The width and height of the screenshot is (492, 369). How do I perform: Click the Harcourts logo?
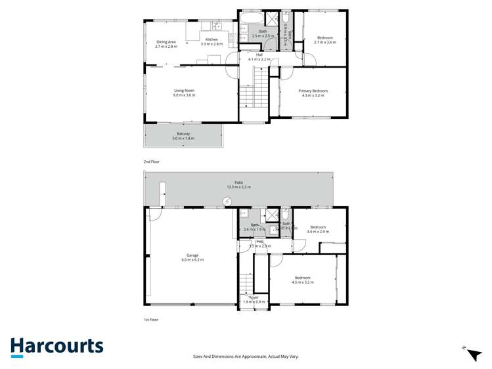pos(56,346)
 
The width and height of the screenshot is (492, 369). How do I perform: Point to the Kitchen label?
pos(212,40)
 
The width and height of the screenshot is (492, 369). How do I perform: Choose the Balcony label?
pos(183,134)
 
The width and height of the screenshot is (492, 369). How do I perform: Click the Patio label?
pos(239,183)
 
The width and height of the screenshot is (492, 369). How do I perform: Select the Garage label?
pos(192,255)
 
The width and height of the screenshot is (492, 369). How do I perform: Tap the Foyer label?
pos(254,297)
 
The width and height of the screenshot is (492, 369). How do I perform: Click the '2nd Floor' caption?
pos(152,161)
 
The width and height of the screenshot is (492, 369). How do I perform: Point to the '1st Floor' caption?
pos(151,320)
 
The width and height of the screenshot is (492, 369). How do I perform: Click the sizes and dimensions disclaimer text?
pos(246,356)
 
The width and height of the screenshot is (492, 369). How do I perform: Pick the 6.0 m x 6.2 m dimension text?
pos(192,260)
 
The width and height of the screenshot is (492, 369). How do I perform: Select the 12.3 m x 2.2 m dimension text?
pos(239,188)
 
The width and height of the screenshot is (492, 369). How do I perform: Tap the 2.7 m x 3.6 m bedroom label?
pos(324,40)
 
